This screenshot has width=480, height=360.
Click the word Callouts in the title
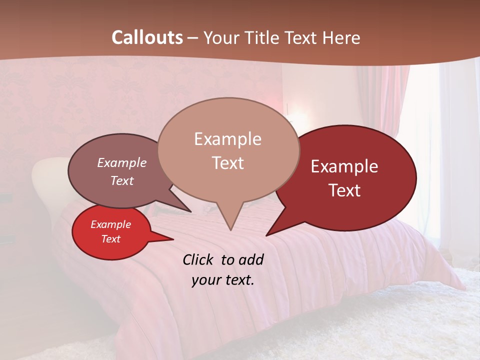point(147,37)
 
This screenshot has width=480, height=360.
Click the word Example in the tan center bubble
point(227,139)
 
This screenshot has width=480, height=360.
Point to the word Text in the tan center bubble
point(227,163)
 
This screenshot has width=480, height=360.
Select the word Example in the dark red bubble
point(344,166)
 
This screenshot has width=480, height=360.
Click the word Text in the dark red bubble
point(344,190)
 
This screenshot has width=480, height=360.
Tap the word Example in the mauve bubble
point(122,162)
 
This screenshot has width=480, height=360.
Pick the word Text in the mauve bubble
point(122,180)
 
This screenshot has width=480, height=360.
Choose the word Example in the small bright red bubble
point(110,224)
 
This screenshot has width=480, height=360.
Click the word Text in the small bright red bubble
point(110,239)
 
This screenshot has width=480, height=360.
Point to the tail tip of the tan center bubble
point(230,230)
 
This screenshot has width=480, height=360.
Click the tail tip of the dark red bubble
point(266,235)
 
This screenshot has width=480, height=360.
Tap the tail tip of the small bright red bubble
point(173,239)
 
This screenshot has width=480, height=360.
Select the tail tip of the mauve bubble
point(190,212)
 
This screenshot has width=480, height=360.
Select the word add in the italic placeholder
point(251,259)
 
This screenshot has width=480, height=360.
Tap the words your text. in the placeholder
point(223,280)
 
